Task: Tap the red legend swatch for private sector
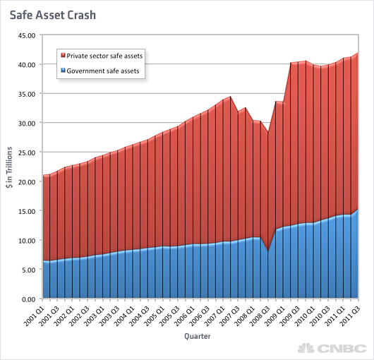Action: [x=64, y=54]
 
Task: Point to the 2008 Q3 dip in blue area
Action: [x=267, y=251]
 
